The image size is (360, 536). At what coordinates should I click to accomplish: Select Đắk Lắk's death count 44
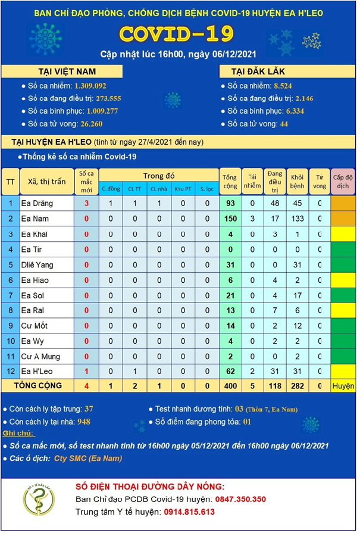283,124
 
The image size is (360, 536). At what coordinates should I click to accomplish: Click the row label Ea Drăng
37,204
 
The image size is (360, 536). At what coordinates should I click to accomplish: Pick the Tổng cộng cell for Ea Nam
229,219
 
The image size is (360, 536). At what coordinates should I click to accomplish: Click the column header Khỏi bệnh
297,181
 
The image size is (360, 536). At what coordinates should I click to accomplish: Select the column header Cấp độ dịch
343,181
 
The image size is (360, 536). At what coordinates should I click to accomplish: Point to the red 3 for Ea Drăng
86,204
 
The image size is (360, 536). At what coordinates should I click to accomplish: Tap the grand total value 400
229,387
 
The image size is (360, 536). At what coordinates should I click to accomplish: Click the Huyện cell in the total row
343,387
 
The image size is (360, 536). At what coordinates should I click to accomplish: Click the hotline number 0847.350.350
240,499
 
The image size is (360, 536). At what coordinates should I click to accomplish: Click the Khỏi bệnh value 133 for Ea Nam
297,219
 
